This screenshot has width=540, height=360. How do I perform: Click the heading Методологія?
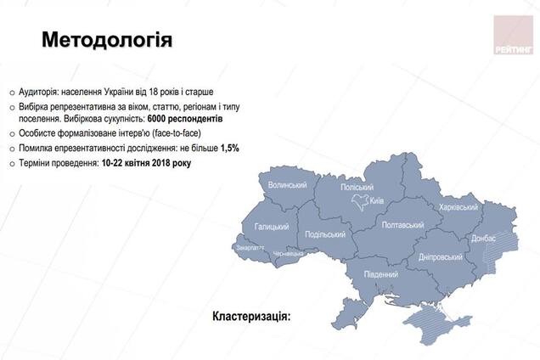pos(107,40)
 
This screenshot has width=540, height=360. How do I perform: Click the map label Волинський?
pos(286,184)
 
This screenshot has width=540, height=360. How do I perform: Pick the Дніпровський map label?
pos(441,256)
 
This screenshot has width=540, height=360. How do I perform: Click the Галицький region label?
pos(271,227)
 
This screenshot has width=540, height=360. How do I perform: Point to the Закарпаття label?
pos(246,249)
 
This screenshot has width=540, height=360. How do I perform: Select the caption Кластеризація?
pos(251,316)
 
